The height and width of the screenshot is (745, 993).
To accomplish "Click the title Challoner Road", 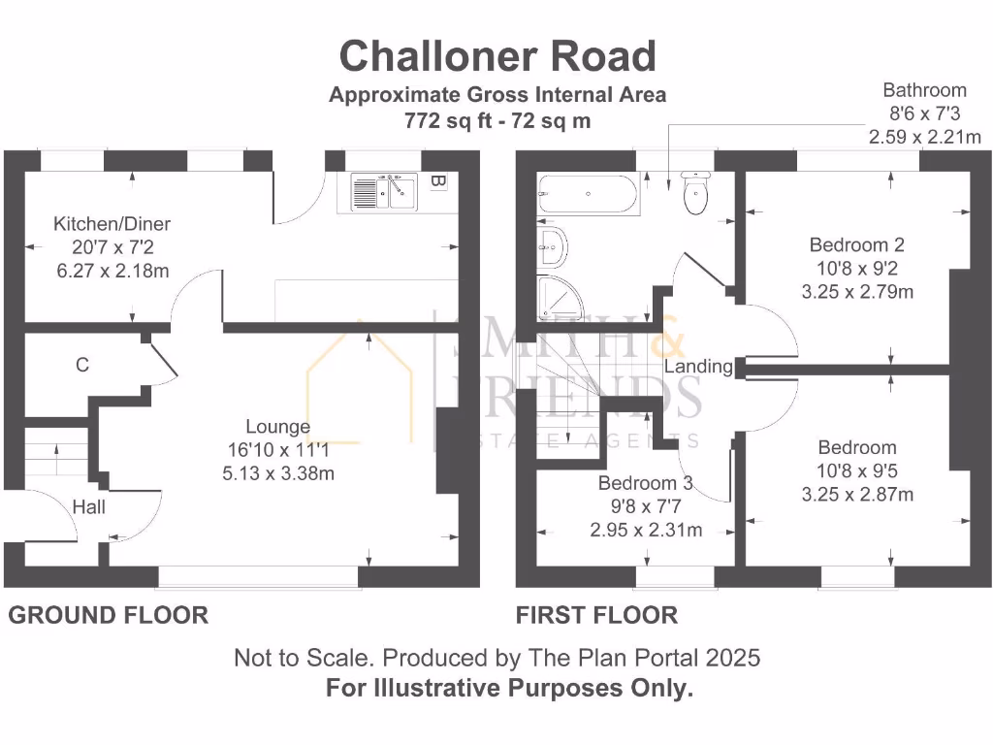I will point(496,56).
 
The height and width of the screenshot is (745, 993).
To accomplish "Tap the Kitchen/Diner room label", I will point(112,224).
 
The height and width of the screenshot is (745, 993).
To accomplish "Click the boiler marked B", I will point(438,181).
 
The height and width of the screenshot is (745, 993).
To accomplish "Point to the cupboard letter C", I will point(82,365).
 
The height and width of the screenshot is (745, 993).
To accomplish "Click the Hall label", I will point(89,506).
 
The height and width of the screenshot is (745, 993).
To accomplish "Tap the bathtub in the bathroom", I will point(588,194).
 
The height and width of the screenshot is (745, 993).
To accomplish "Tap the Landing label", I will point(698,367).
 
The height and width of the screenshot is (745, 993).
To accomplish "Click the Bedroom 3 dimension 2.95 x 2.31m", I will point(646,530).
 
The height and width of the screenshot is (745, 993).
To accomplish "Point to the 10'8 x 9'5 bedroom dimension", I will point(857,471).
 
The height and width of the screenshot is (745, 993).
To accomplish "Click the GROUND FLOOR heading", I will point(109,615).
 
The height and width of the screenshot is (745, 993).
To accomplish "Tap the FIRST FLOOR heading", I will point(596,615).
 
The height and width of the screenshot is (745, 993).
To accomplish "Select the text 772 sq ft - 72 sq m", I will point(496,121).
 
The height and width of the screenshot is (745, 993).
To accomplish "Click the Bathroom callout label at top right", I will point(924,90).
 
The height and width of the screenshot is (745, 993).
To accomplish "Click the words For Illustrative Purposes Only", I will point(510,690).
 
